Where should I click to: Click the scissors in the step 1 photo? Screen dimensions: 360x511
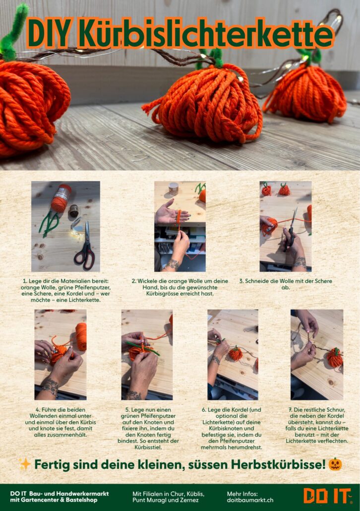tap(85, 246)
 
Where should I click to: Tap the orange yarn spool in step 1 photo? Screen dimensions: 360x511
tap(61, 198)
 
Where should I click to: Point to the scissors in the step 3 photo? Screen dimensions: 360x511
tap(291, 229)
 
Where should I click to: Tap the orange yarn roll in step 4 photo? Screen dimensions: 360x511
tap(81, 336)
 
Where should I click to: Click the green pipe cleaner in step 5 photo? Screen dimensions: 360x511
tap(143, 348)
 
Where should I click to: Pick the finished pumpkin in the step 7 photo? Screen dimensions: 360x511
tap(335, 358)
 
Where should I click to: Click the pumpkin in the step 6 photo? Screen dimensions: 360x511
tap(235, 354)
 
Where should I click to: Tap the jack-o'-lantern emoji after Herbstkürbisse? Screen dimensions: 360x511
tap(335, 464)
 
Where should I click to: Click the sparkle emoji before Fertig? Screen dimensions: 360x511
tap(24, 464)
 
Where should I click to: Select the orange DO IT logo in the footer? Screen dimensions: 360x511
tap(327, 496)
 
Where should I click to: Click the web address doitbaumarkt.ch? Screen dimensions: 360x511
tap(250, 500)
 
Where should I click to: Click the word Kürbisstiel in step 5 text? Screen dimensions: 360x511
tap(148, 447)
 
